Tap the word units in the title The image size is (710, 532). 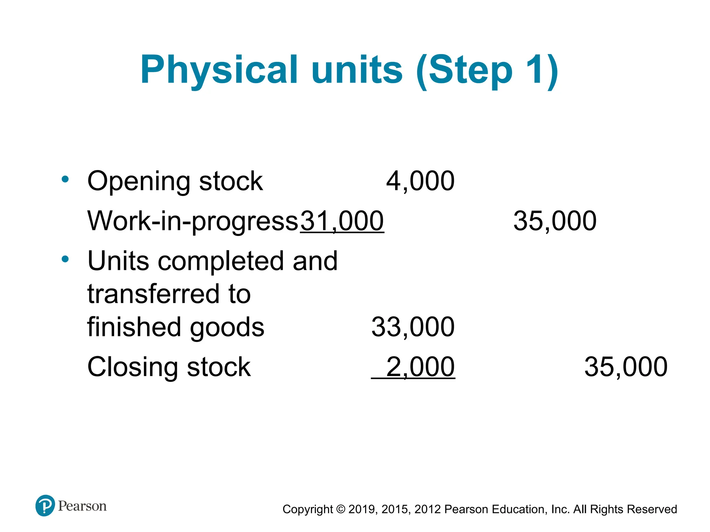tap(357, 70)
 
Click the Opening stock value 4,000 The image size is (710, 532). tap(420, 181)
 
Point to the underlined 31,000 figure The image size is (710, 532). tap(342, 221)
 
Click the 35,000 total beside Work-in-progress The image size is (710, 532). tap(555, 221)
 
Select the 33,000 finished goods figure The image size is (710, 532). tap(413, 327)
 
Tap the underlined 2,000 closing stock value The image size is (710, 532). tap(420, 367)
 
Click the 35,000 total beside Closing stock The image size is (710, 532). tap(626, 367)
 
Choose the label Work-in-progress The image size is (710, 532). tap(193, 221)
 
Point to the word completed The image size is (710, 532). tap(222, 261)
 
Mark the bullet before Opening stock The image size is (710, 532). tap(65, 179)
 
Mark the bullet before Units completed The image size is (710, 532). tap(65, 259)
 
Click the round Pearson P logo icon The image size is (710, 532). tap(45, 505)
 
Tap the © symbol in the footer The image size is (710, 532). tap(341, 509)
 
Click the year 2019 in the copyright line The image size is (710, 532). tap(362, 509)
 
